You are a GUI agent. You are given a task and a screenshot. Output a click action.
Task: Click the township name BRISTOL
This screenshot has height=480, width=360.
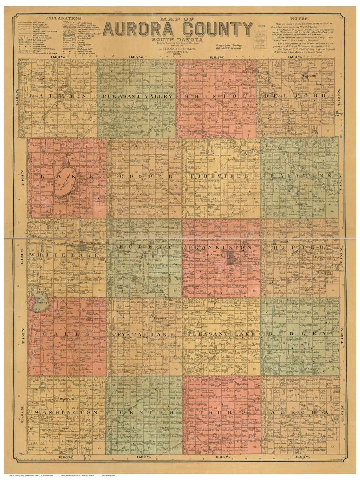click(215, 96)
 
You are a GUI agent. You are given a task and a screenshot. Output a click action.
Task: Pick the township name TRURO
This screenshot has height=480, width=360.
click(222, 413)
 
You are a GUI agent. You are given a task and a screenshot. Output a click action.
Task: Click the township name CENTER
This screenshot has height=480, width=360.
click(145, 413)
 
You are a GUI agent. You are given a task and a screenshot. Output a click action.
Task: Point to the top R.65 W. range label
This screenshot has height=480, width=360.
click(137, 57)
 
